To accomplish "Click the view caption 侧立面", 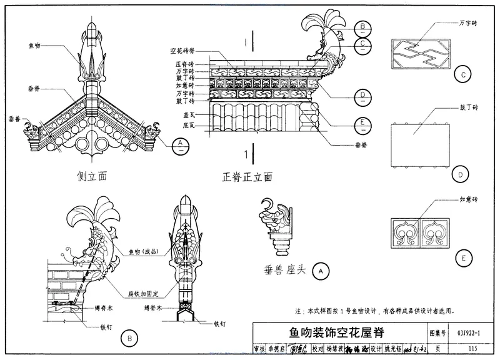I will point(93,176).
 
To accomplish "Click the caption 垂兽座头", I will point(287,271).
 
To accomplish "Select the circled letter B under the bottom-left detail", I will point(128,339).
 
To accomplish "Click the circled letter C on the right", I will point(463,76).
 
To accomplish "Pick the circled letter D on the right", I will point(463,173).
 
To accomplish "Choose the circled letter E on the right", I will point(463,257).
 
